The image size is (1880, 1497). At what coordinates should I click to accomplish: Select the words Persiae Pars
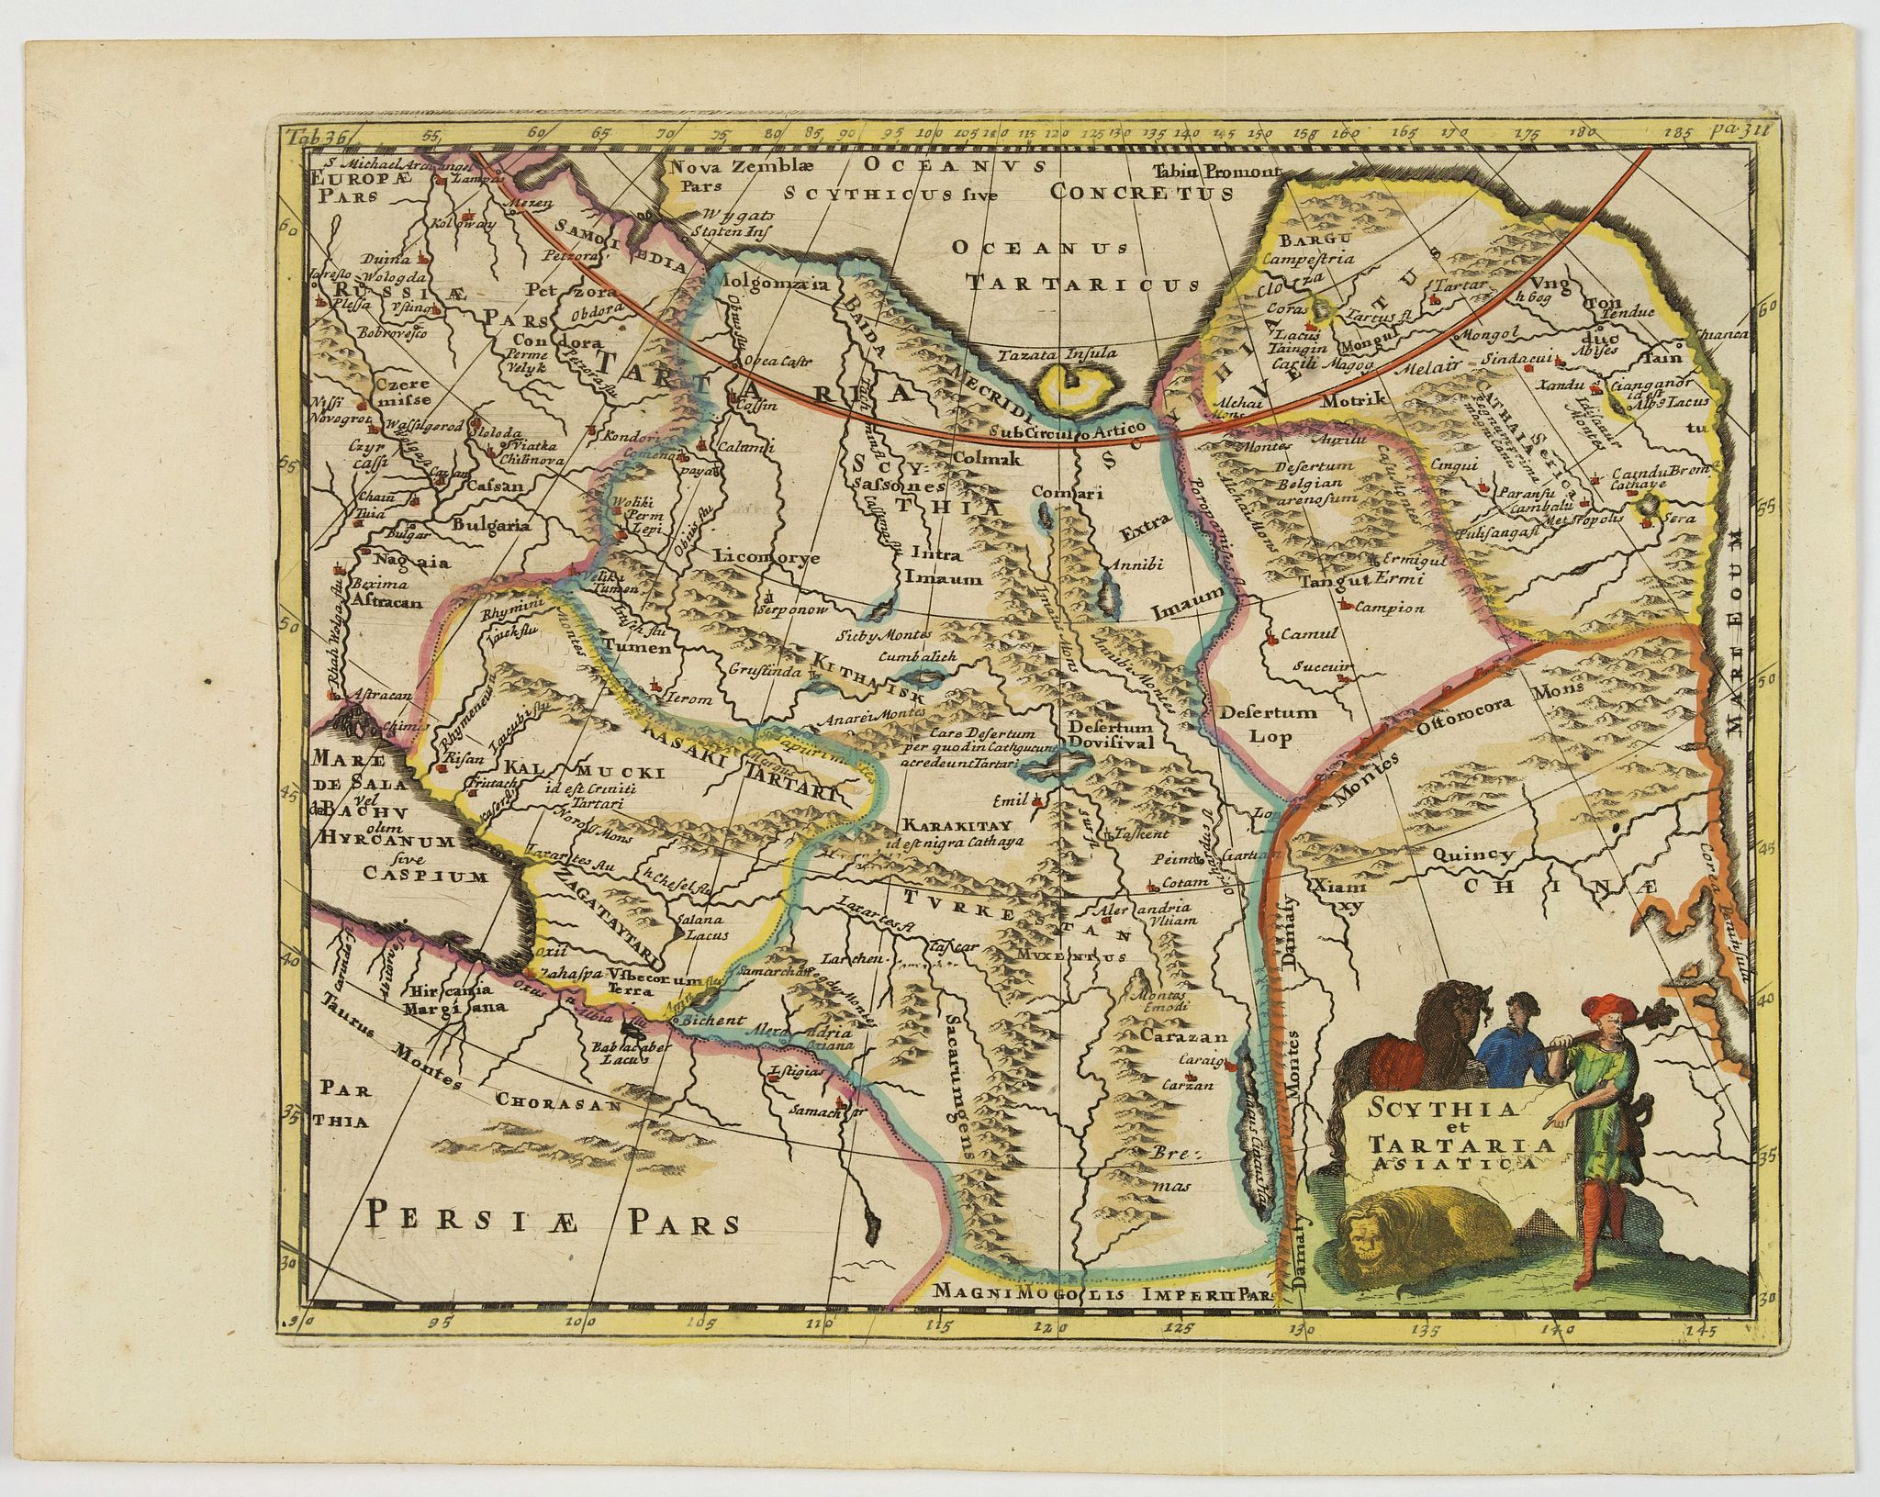(x=554, y=1219)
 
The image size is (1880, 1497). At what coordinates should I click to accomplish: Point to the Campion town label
(x=1387, y=608)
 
